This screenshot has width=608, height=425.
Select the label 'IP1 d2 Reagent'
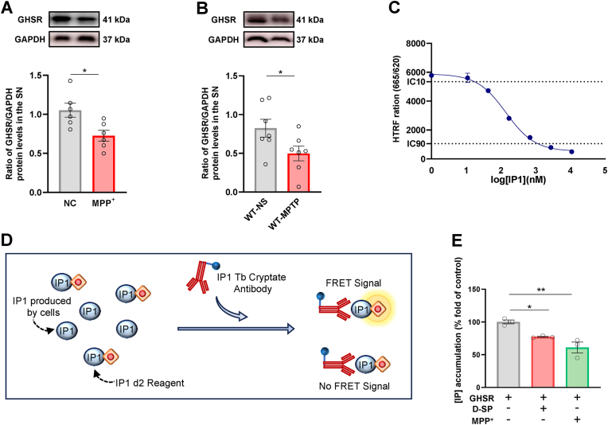click(144, 383)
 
